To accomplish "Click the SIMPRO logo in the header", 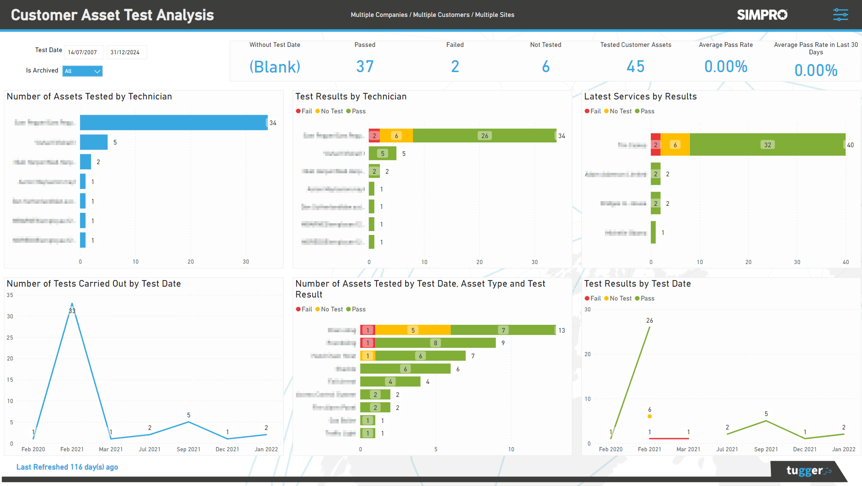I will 762,15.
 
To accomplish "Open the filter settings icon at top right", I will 840,15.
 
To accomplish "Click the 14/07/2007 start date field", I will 83,52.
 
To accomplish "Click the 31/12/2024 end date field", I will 126,52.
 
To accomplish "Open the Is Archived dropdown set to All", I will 83,71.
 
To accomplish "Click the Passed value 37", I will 365,66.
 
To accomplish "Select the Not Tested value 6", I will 545,66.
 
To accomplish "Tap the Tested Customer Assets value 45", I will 635,66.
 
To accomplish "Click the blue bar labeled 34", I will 174,122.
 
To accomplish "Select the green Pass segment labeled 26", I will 484,136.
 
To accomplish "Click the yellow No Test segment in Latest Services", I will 675,145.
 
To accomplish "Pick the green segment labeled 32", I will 767,145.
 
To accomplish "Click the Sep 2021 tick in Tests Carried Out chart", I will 188,449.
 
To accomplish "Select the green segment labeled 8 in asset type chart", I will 435,343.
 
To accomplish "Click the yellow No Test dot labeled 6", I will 650,416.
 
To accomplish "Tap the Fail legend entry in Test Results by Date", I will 593,298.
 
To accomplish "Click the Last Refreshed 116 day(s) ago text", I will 67,467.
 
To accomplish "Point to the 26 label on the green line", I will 650,321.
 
